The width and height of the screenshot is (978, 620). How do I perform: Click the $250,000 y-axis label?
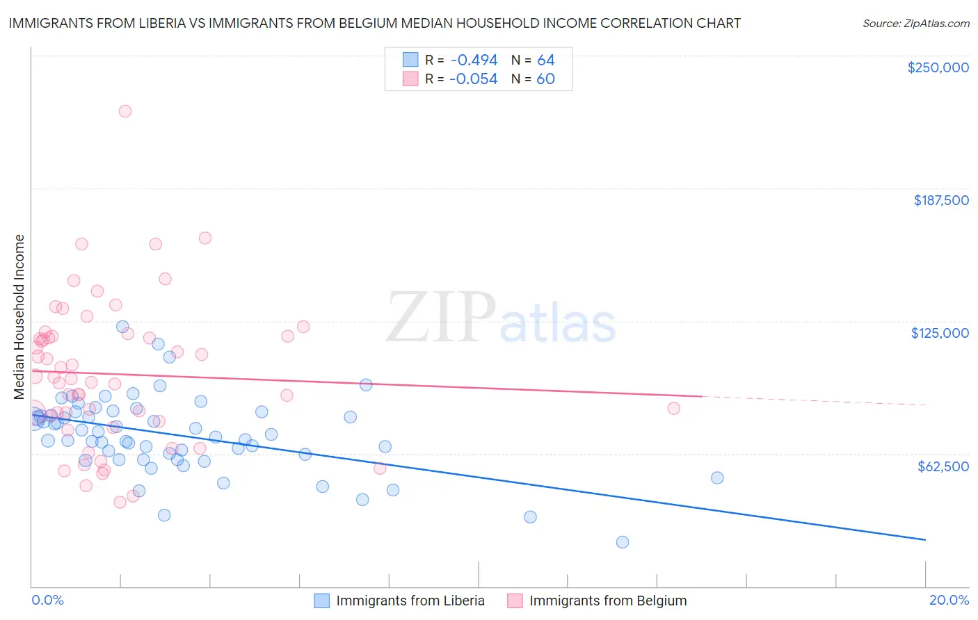938,67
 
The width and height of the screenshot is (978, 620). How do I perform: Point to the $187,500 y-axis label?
940,200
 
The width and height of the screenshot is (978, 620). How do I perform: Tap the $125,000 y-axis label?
940,333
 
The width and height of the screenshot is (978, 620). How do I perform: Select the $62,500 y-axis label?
943,466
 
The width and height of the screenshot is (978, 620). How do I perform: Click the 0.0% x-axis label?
47,600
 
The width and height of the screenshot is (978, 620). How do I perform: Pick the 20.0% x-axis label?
949,600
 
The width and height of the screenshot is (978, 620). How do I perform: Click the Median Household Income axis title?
19,317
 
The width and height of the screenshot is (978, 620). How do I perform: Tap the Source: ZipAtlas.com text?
915,24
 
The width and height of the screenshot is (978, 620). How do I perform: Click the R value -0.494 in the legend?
473,60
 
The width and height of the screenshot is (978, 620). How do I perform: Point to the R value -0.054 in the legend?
473,79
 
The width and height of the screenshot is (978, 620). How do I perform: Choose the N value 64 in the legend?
546,60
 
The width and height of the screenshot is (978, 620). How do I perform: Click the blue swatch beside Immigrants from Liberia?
321,601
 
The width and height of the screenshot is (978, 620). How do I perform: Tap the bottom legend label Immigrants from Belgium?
607,601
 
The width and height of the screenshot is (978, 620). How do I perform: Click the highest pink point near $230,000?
125,111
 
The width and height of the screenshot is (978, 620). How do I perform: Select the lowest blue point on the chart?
623,542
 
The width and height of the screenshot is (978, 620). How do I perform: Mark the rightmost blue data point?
717,478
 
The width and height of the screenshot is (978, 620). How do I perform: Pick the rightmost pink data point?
673,408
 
